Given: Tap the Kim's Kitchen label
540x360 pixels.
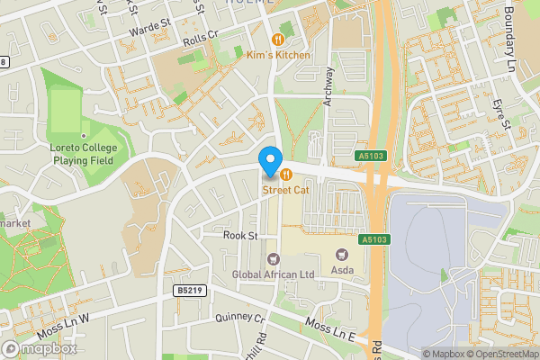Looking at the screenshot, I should click(278, 55).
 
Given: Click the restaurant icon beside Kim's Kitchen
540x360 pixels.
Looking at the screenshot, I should click(278, 39).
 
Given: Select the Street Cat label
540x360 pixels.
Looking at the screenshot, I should click(285, 190).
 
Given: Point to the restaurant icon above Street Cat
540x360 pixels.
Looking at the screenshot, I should click(285, 174).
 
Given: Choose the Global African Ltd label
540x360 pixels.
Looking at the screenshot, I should click(272, 274).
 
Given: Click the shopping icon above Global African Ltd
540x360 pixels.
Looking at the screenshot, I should click(272, 258).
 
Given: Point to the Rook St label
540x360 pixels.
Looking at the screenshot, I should click(240, 236).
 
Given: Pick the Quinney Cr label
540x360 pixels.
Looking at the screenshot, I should click(240, 319).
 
